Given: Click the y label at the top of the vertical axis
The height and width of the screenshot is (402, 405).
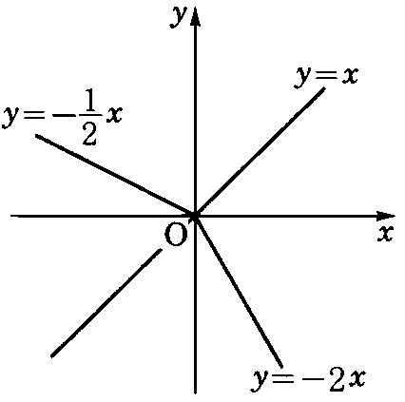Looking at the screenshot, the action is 178,16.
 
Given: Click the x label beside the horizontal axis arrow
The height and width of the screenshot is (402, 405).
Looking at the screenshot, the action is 385,235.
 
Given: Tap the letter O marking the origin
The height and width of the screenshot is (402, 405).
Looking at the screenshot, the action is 176,235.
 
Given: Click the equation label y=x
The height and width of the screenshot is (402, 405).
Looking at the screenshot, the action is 326,76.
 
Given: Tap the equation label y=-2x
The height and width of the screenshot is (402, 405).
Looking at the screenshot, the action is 309,379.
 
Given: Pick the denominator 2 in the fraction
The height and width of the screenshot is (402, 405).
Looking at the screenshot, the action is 89,135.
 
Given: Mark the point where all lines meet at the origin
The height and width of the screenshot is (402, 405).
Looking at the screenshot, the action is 195,216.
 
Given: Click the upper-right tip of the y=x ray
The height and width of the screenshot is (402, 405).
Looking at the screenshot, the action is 324,87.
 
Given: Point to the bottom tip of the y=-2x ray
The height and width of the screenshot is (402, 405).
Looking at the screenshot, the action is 281,367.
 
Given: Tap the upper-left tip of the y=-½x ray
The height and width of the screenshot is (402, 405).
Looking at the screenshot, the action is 36,135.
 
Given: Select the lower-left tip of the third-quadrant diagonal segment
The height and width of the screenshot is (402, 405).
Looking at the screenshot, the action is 52,356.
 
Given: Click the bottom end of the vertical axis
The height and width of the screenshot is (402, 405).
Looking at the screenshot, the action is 195,393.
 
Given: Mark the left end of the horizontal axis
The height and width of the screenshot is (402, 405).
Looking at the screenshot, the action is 10,216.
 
